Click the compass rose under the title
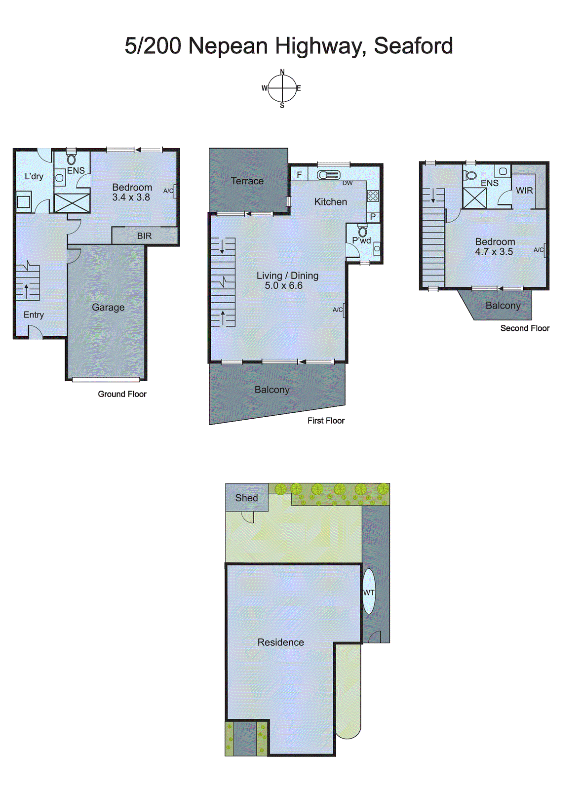click(x=282, y=88)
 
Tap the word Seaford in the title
click(x=413, y=46)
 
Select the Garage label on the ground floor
click(x=108, y=307)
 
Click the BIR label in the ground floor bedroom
click(x=144, y=236)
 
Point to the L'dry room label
click(x=34, y=176)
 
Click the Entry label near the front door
click(x=34, y=315)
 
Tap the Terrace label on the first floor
click(x=247, y=181)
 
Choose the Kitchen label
click(x=331, y=201)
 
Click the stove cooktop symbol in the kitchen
click(x=373, y=196)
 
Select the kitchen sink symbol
click(x=328, y=175)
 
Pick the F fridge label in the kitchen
click(x=299, y=175)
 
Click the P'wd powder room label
click(x=361, y=240)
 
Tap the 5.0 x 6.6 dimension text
click(x=283, y=285)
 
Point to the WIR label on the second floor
click(x=524, y=190)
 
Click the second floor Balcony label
click(x=503, y=305)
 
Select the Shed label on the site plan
click(x=246, y=498)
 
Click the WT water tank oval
click(x=369, y=592)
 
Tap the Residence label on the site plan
click(x=280, y=642)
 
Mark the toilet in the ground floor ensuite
click(x=72, y=159)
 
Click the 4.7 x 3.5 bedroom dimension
click(x=494, y=251)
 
